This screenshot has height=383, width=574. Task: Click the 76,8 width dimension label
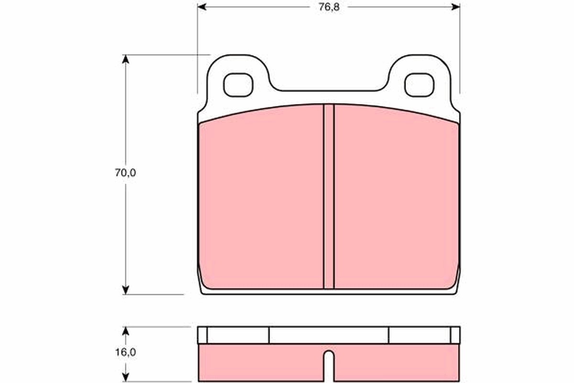point(329,7)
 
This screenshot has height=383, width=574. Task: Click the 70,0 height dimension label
point(125,173)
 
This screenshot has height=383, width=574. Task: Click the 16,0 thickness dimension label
point(125,352)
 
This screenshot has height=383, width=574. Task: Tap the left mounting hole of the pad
point(238,85)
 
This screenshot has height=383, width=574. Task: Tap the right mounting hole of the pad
point(419,85)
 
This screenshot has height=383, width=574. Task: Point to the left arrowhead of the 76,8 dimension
point(202,7)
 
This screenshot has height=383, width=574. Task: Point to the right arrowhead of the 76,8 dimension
point(455,7)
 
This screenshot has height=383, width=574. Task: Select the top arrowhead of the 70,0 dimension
point(125,59)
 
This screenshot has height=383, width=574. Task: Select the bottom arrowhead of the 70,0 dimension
point(125,290)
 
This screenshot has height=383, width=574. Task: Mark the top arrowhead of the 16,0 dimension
point(125,331)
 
